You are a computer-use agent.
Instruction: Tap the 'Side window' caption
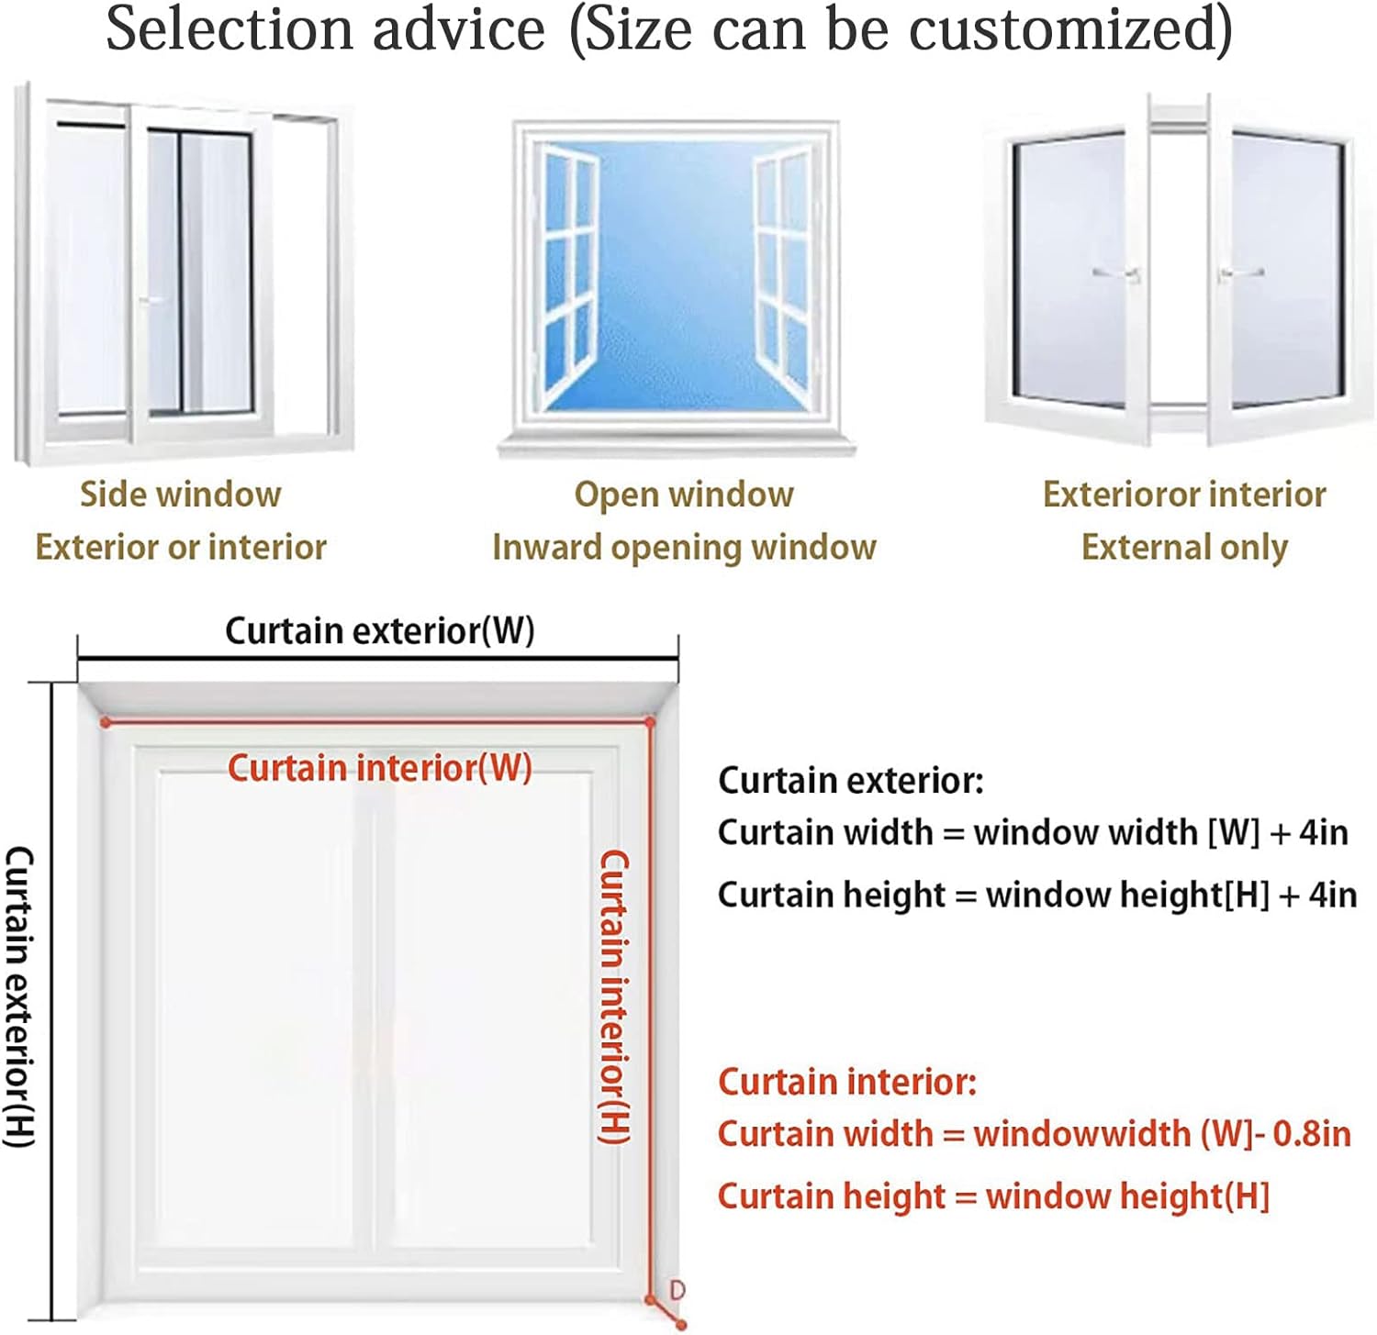180,495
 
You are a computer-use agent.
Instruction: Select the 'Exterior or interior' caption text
180,548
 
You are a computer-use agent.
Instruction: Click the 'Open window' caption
684,495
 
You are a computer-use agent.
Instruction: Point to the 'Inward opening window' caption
684,548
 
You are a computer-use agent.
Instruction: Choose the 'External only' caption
1184,548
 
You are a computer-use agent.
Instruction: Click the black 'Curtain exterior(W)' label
379,631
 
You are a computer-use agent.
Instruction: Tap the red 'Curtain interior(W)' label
379,768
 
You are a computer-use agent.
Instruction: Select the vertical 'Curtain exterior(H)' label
19,996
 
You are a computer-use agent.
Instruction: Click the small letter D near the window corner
677,1290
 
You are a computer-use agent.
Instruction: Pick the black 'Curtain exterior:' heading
850,781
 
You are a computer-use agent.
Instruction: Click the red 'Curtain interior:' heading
846,1083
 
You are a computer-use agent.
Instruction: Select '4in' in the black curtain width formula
1323,833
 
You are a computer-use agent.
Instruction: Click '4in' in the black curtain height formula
1332,895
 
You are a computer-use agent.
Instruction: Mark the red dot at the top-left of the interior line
106,723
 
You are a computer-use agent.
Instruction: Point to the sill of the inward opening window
677,447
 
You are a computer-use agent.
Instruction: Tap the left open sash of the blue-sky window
569,275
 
